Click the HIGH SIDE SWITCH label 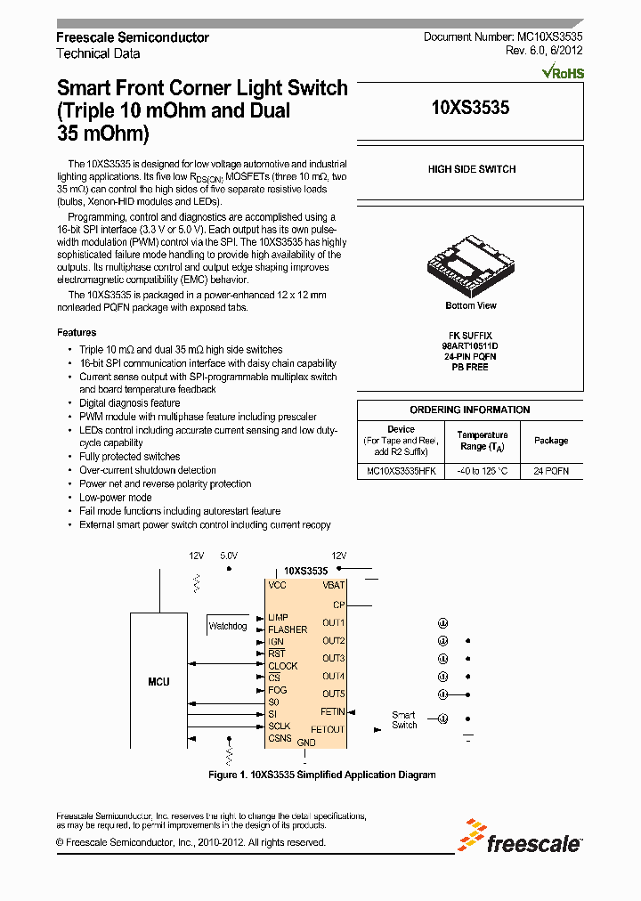pos(471,169)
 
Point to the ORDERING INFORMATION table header pos(470,410)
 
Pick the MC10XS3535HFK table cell pos(401,471)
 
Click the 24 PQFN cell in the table pos(551,471)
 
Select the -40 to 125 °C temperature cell pos(483,471)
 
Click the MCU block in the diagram pos(158,682)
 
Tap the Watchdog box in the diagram pos(227,626)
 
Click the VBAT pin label pos(334,586)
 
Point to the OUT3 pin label pos(333,658)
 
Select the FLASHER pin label pos(288,629)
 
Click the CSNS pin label pos(280,738)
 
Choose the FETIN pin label pos(332,711)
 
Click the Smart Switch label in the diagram pos(404,719)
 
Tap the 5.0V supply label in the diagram pos(229,556)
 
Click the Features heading pos(77,332)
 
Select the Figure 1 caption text pos(321,775)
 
